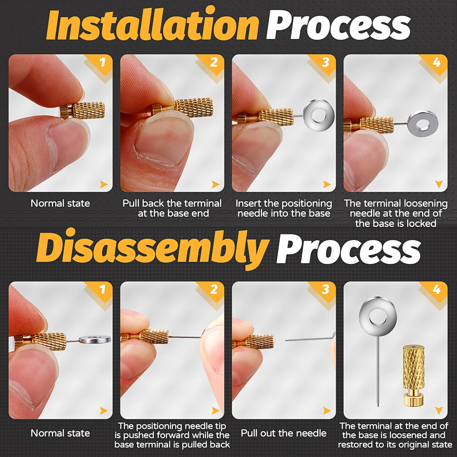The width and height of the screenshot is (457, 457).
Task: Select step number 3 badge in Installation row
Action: click(325, 62)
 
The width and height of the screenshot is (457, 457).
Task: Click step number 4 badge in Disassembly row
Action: click(437, 289)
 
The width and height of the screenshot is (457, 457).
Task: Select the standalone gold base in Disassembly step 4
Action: click(413, 375)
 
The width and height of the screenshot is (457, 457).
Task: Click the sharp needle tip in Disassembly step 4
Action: click(378, 406)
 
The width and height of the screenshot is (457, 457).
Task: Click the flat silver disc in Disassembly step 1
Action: click(95, 339)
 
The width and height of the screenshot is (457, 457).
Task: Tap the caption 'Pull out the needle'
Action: click(284, 433)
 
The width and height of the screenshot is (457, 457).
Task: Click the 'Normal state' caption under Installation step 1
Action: click(60, 203)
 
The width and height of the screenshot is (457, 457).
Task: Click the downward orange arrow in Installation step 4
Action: click(439, 184)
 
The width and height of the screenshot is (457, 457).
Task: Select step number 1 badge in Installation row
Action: click(102, 62)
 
